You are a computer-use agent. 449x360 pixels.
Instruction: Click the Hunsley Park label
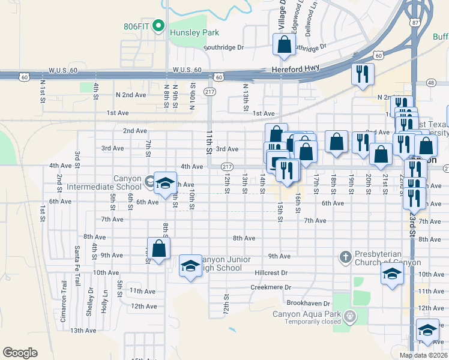click(194, 32)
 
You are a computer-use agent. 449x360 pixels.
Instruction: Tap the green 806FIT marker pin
click(158, 25)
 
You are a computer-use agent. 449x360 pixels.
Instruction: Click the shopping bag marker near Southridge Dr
click(284, 44)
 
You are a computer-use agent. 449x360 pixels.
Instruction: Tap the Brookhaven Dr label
click(309, 304)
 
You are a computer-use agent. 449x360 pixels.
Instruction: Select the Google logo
click(20, 353)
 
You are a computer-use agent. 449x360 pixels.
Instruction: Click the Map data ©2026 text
click(423, 355)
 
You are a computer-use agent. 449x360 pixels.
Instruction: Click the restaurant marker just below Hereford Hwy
click(362, 74)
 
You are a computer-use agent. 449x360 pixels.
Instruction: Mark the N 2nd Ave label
click(131, 95)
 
